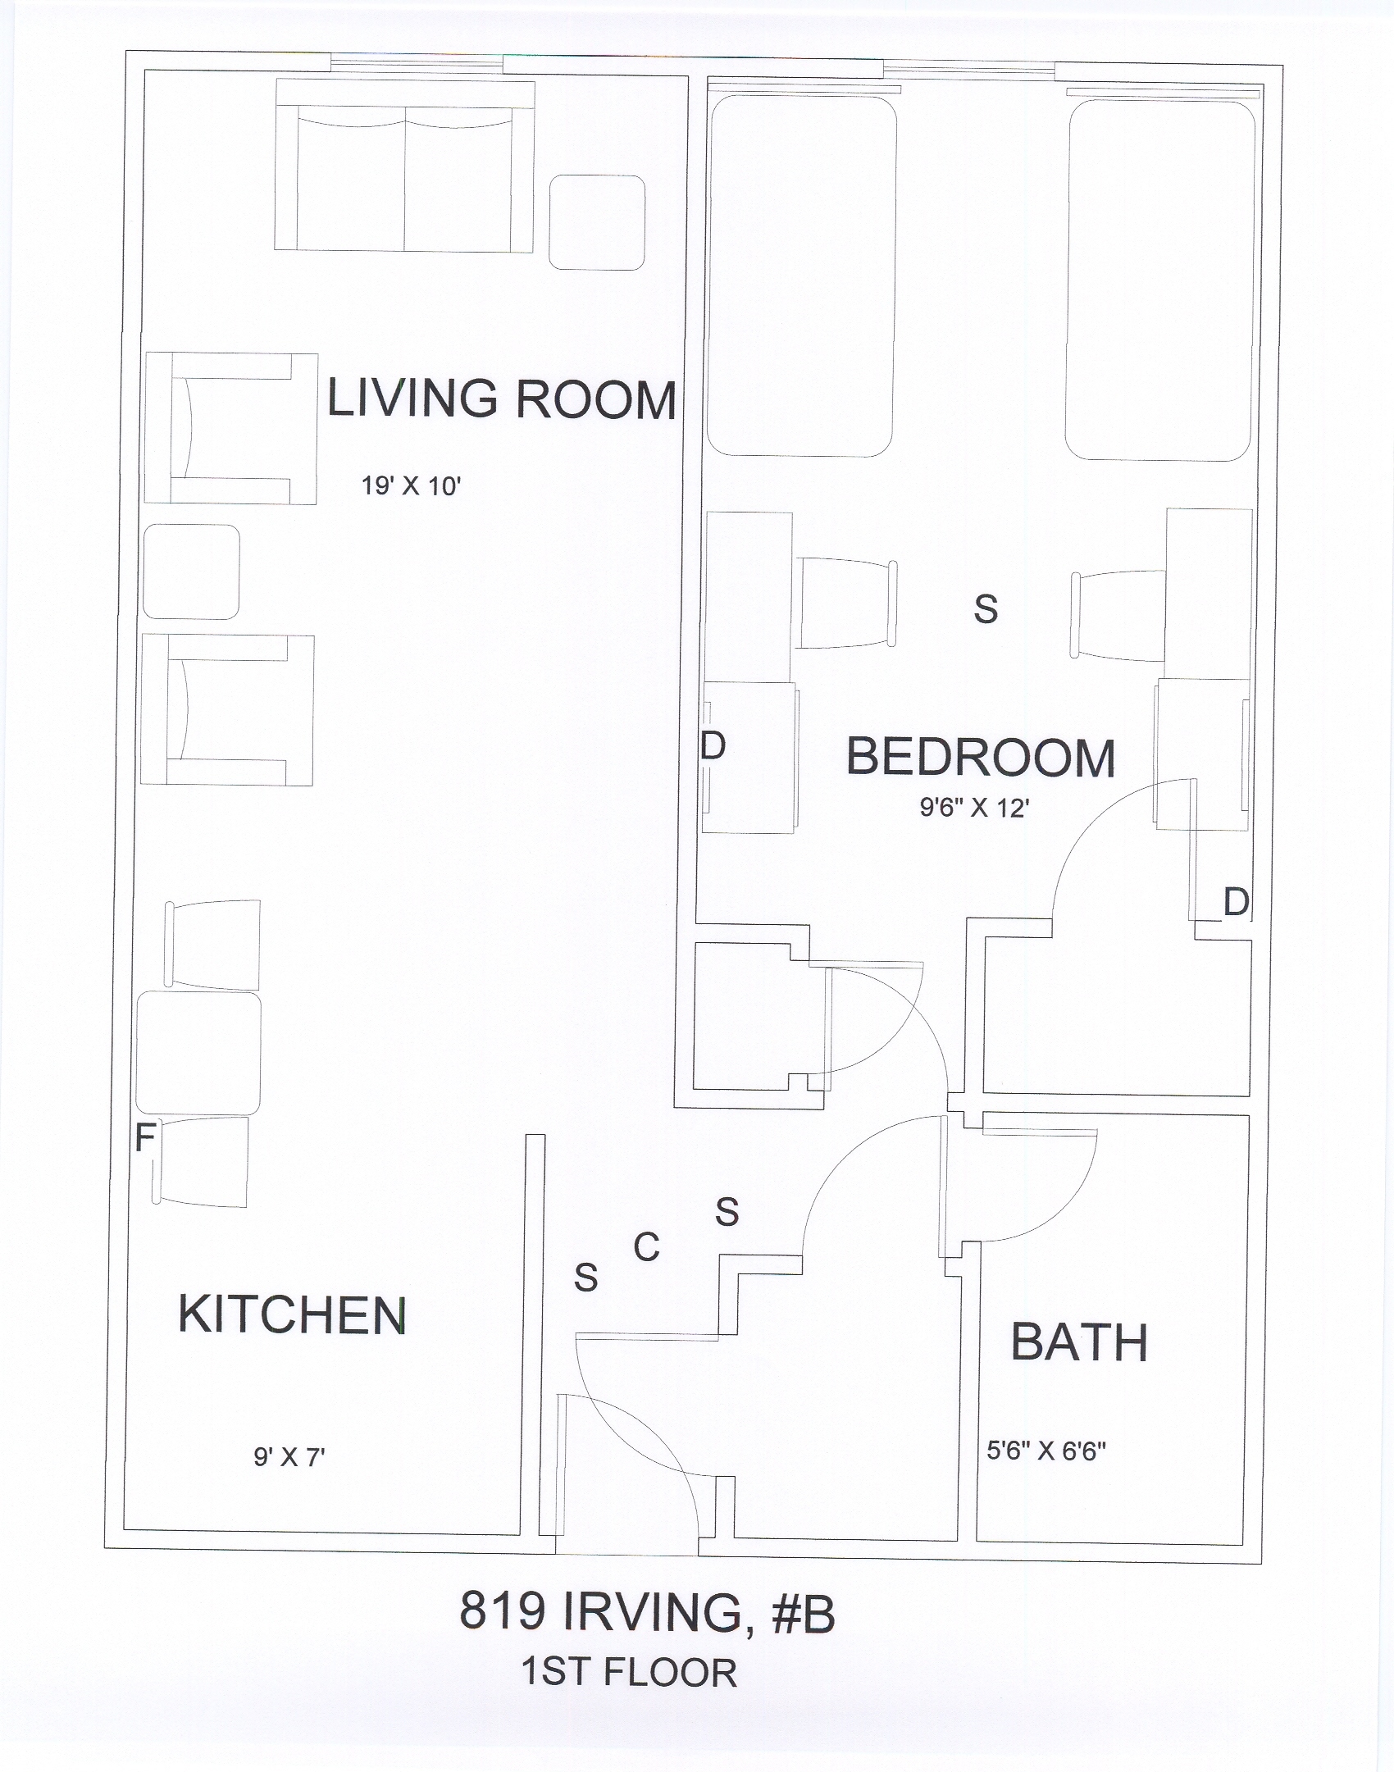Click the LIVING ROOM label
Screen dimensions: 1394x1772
pyautogui.click(x=502, y=399)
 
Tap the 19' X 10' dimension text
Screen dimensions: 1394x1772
pyautogui.click(x=412, y=486)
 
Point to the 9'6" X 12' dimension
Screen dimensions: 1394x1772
pyautogui.click(x=974, y=809)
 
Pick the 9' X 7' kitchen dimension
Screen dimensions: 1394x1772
pyautogui.click(x=289, y=1457)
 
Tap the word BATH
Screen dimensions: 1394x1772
pyautogui.click(x=1078, y=1342)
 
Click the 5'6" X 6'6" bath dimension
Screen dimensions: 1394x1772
pyautogui.click(x=1046, y=1451)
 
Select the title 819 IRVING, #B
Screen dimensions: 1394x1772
pyautogui.click(x=647, y=1611)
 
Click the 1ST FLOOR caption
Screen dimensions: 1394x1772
pyautogui.click(x=629, y=1672)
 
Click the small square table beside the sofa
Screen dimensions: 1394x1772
pyautogui.click(x=596, y=222)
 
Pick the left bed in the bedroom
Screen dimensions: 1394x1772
pyautogui.click(x=802, y=276)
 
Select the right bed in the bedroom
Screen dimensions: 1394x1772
pyautogui.click(x=1160, y=280)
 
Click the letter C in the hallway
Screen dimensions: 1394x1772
pyautogui.click(x=646, y=1248)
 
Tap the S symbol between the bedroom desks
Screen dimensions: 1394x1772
pyautogui.click(x=986, y=609)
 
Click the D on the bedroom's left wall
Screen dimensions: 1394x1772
pyautogui.click(x=713, y=746)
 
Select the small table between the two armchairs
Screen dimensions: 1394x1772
pyautogui.click(x=191, y=572)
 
